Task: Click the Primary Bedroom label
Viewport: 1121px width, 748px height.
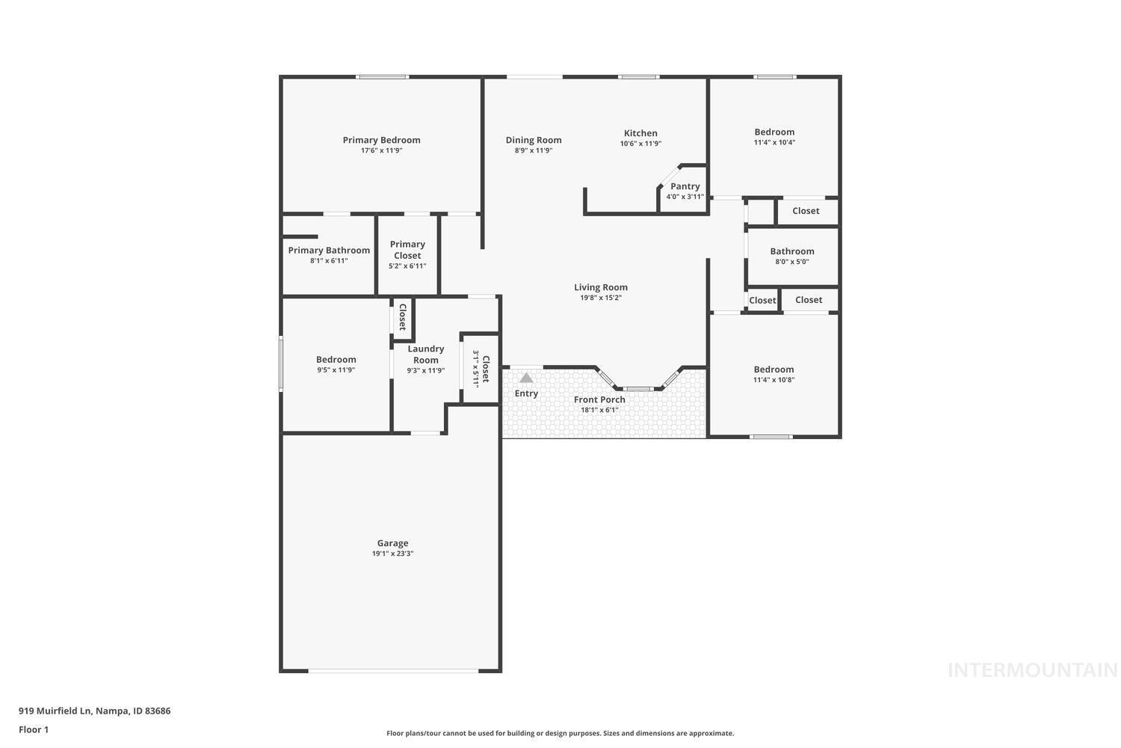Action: click(x=381, y=140)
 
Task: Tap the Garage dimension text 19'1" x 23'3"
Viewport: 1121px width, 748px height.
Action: click(x=392, y=554)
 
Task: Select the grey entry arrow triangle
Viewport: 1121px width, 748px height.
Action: click(x=526, y=378)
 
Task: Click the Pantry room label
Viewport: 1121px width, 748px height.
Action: click(x=685, y=186)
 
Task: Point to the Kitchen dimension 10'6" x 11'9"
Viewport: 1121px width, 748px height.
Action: click(x=640, y=144)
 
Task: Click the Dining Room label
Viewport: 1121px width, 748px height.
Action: click(x=534, y=140)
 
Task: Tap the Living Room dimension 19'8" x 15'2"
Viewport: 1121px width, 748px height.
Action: click(x=601, y=298)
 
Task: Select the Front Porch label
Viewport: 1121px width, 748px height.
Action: click(x=599, y=399)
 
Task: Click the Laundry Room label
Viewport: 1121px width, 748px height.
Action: click(x=425, y=354)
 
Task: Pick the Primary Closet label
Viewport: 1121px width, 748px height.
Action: click(x=407, y=250)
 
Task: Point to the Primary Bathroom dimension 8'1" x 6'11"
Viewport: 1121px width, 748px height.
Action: click(x=329, y=261)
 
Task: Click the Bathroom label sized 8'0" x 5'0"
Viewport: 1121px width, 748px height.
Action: click(x=792, y=251)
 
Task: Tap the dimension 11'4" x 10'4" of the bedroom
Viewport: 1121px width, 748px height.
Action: click(x=774, y=142)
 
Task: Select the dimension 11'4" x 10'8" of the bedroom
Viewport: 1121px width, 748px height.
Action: click(x=773, y=380)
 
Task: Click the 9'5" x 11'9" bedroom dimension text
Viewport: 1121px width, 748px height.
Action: click(x=336, y=370)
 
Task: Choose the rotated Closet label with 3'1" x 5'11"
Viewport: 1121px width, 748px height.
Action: click(x=485, y=369)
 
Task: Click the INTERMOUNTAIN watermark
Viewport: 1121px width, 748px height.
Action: click(x=1032, y=670)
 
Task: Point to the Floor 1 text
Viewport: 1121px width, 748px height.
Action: click(x=34, y=729)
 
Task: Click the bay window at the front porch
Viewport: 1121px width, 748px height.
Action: click(x=638, y=388)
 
